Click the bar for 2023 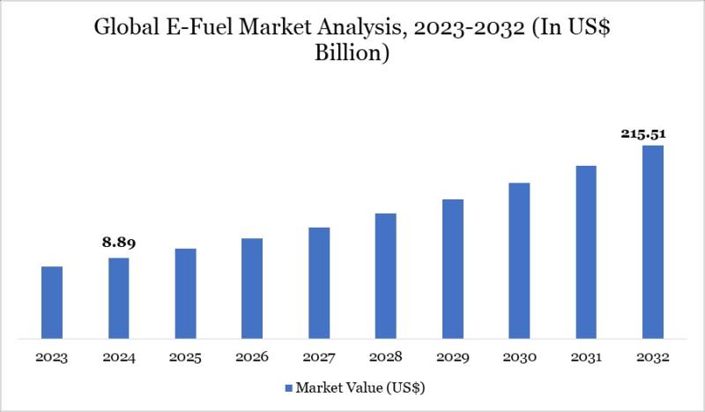coord(52,302)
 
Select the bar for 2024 coord(118,297)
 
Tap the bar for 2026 coord(252,288)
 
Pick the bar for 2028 coord(385,275)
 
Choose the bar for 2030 coord(519,260)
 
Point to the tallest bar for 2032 coord(652,241)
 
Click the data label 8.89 coord(119,243)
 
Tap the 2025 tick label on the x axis coord(185,357)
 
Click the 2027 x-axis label coord(319,357)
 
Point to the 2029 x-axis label coord(452,357)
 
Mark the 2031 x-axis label coord(586,357)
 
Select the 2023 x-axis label coord(52,357)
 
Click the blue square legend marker coord(288,387)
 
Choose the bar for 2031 coord(586,251)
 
